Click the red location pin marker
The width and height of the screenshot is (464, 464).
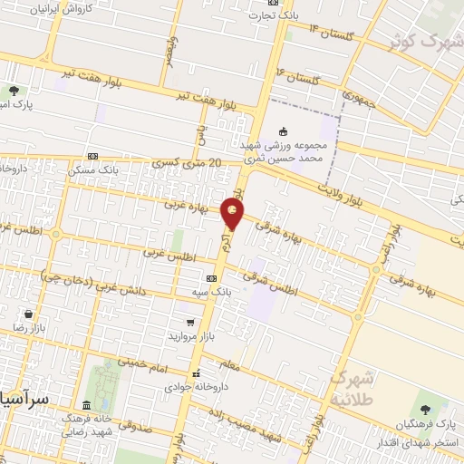tap(234, 214)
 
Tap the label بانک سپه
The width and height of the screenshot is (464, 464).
tap(193, 292)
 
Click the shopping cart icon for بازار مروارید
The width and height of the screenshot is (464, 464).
tap(189, 322)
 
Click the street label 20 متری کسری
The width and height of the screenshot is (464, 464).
tap(188, 163)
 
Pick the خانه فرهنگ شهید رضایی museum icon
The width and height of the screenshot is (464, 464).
tap(87, 404)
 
